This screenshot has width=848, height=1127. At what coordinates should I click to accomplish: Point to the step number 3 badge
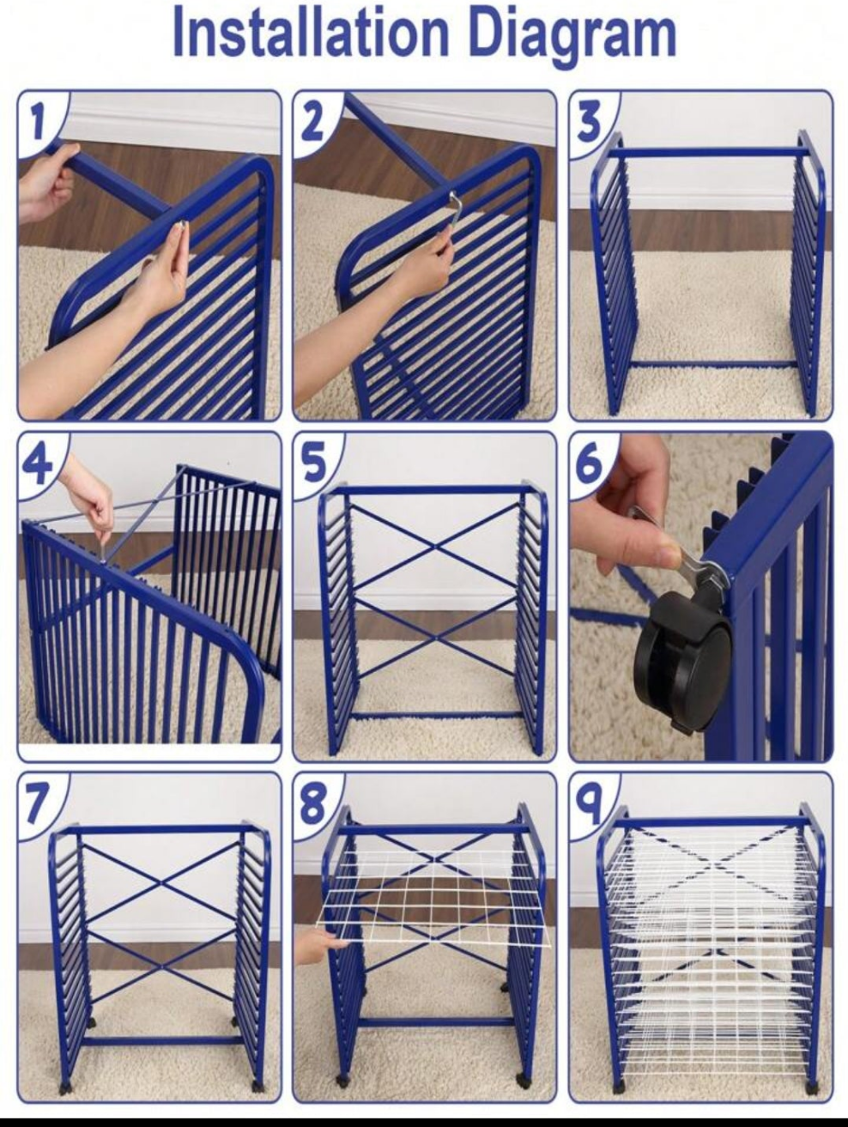pos(590,121)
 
